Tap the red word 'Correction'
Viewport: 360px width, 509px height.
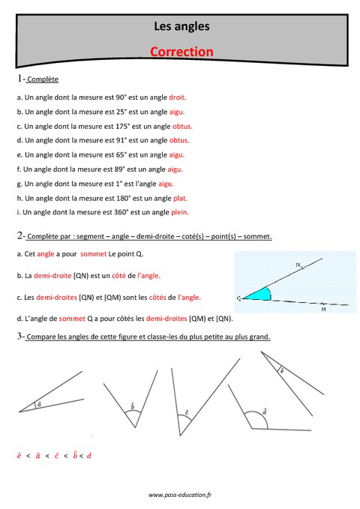pos(181,52)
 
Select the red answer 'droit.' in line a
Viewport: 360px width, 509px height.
pos(178,97)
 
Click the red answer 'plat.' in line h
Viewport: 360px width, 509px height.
pos(180,198)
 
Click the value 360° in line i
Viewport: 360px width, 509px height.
pos(117,212)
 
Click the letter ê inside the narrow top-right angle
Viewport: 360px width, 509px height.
pos(281,370)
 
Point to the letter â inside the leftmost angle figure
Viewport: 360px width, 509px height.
pos(39,404)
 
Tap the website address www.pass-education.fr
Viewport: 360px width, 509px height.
pos(181,495)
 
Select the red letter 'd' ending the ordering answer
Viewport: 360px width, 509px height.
pos(88,455)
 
